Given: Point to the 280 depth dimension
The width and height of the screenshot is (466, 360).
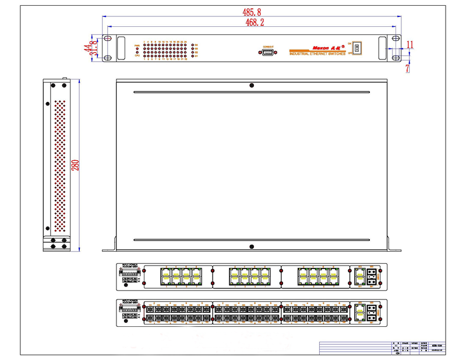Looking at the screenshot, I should (75, 165).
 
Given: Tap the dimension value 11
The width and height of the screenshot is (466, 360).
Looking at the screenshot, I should (410, 44).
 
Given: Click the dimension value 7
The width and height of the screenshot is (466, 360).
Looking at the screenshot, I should (408, 68).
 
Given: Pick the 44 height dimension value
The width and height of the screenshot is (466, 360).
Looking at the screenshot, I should (87, 48).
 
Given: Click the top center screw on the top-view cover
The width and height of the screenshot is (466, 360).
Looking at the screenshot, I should (252, 85).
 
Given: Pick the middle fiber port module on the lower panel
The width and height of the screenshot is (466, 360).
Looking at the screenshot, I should (246, 312).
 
